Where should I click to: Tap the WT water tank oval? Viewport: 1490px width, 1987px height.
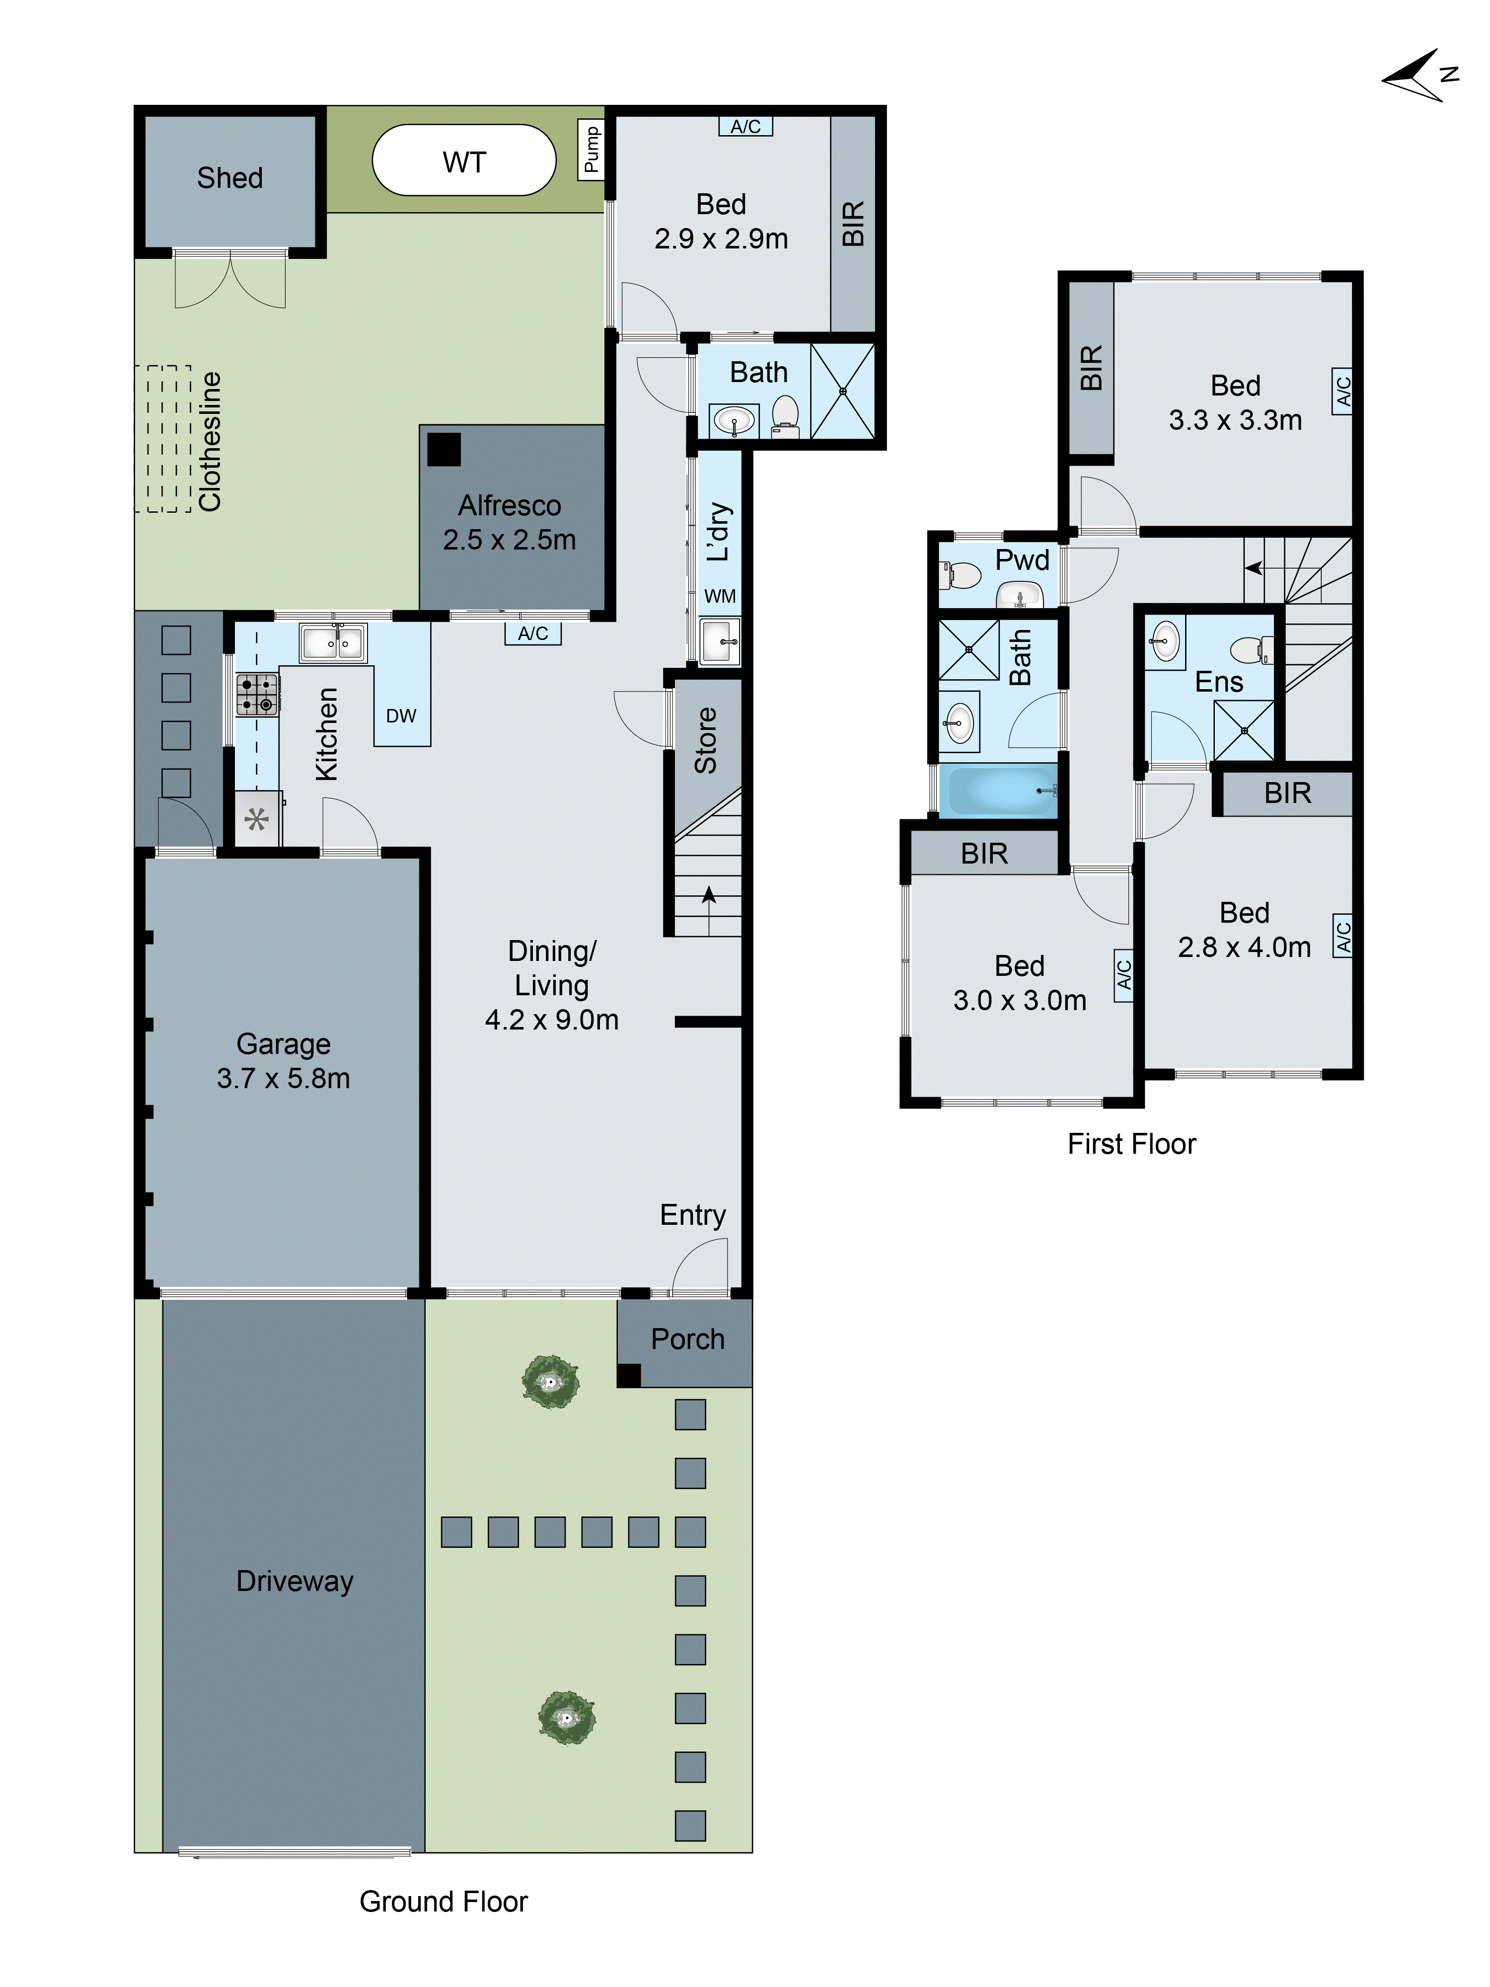point(463,161)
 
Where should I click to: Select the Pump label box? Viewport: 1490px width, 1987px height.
point(591,150)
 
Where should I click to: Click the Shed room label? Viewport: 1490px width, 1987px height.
point(230,178)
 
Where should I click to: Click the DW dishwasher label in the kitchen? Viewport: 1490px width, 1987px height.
point(401,716)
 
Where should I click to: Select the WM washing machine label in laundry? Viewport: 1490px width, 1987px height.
point(719,596)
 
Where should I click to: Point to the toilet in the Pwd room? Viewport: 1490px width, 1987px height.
point(961,574)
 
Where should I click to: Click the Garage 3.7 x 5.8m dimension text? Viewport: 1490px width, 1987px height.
point(283,1078)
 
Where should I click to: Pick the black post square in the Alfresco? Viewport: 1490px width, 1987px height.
point(443,449)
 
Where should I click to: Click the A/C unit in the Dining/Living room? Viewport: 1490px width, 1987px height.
point(532,634)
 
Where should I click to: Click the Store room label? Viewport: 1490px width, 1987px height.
point(706,740)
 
